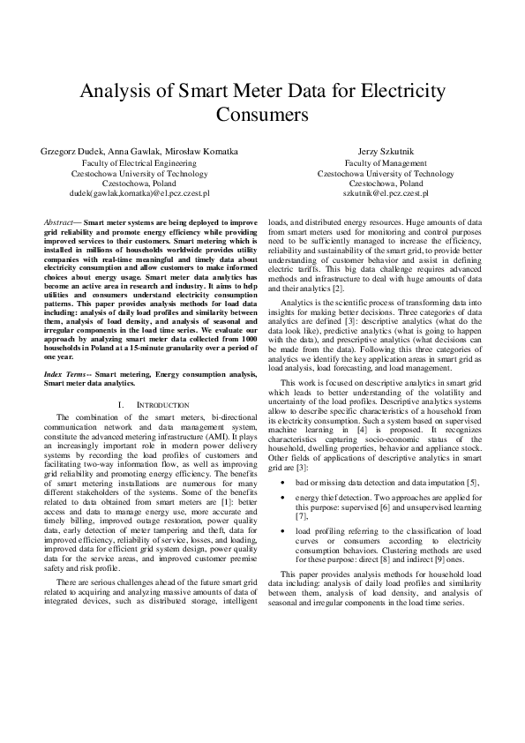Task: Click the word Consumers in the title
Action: [262, 115]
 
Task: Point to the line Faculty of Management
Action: [386, 164]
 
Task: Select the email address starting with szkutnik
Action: [386, 191]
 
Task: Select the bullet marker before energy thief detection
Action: [281, 498]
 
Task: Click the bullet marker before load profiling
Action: [281, 531]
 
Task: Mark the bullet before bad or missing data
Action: [281, 482]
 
